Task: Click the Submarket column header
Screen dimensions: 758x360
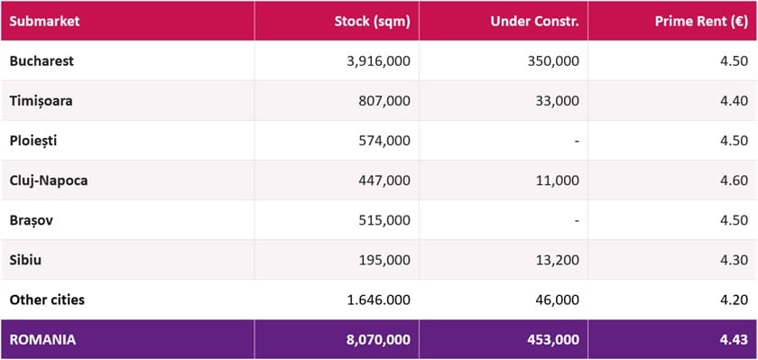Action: (44, 23)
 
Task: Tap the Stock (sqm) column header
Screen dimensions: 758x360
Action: (372, 23)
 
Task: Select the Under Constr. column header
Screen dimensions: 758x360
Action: (534, 23)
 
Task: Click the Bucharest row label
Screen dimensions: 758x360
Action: (42, 61)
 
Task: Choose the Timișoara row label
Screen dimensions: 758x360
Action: (42, 101)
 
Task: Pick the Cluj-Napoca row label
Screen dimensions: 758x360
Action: (49, 180)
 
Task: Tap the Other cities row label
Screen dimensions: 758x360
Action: (47, 300)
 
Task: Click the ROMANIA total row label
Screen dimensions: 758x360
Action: (42, 340)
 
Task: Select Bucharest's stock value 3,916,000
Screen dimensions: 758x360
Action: (378, 61)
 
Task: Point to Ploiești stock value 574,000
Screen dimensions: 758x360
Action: (385, 141)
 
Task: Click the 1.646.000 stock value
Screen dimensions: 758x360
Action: (378, 300)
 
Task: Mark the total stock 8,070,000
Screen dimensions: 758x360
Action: (378, 340)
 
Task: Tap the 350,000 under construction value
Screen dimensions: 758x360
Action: (554, 61)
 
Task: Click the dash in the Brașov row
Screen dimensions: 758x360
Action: (577, 221)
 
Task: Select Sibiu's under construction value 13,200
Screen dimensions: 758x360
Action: (558, 260)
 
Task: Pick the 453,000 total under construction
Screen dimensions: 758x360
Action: (553, 340)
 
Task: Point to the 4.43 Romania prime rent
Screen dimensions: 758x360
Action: (735, 340)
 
